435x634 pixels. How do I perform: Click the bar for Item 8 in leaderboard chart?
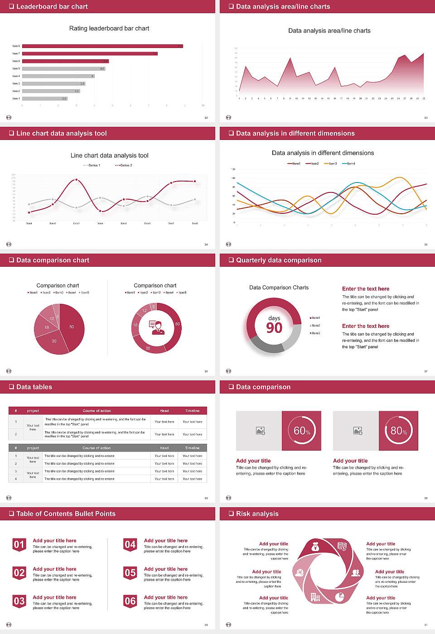pyautogui.click(x=102, y=46)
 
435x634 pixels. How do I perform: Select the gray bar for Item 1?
pyautogui.click(x=44, y=98)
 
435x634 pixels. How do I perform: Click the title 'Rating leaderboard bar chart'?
pyautogui.click(x=109, y=28)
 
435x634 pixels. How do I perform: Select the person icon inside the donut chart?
pyautogui.click(x=156, y=327)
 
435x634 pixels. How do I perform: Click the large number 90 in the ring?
pyautogui.click(x=274, y=328)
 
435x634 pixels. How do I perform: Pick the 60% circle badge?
pyautogui.click(x=302, y=431)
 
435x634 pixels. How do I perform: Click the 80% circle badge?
pyautogui.click(x=399, y=431)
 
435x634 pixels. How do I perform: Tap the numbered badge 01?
pyautogui.click(x=19, y=545)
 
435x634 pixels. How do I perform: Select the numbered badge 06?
pyautogui.click(x=130, y=601)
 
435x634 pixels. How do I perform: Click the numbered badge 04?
pyautogui.click(x=130, y=545)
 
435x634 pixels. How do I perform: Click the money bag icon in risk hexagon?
pyautogui.click(x=316, y=548)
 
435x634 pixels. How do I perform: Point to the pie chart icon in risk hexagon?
pyautogui.click(x=339, y=597)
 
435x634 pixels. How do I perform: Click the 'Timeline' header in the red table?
pyautogui.click(x=192, y=411)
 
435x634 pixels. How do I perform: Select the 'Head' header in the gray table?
pyautogui.click(x=164, y=448)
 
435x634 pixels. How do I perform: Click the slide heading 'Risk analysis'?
pyautogui.click(x=257, y=514)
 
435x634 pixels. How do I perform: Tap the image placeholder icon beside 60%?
pyautogui.click(x=260, y=431)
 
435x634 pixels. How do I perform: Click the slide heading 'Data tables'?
pyautogui.click(x=34, y=387)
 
